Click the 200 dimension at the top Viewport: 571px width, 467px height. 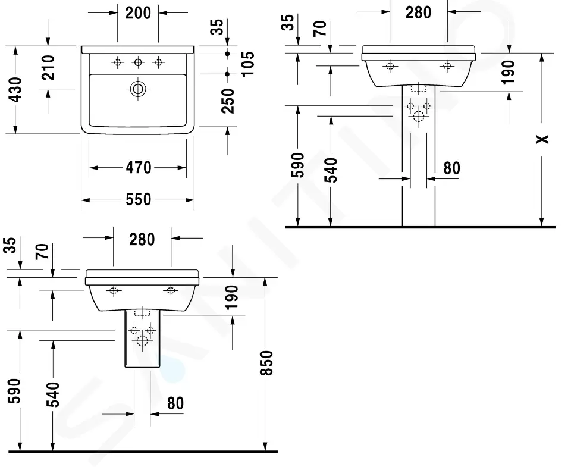[x=138, y=13]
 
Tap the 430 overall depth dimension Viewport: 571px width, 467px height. [x=16, y=89]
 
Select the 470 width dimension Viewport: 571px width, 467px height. [x=139, y=168]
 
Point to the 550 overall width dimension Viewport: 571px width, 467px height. [x=139, y=200]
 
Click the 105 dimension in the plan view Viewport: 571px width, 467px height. [x=247, y=64]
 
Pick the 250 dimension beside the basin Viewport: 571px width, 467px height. [x=228, y=101]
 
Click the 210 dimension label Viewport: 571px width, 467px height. [x=48, y=67]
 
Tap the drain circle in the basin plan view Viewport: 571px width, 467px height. [x=138, y=89]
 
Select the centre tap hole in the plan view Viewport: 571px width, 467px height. [x=138, y=62]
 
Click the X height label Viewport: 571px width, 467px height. [x=542, y=139]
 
